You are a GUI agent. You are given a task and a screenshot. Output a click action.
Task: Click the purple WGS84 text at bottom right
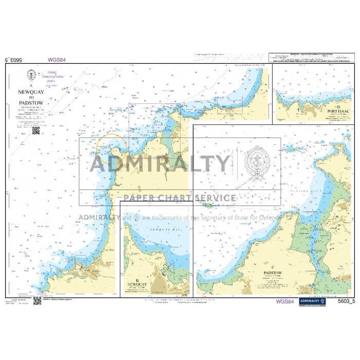(284, 302)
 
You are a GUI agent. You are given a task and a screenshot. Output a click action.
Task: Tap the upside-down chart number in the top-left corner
(14, 60)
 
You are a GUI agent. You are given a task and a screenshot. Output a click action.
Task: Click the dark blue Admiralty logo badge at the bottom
(313, 302)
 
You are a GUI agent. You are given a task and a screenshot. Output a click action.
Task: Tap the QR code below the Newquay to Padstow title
(36, 130)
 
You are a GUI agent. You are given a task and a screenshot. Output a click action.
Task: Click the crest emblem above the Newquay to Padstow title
(32, 76)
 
